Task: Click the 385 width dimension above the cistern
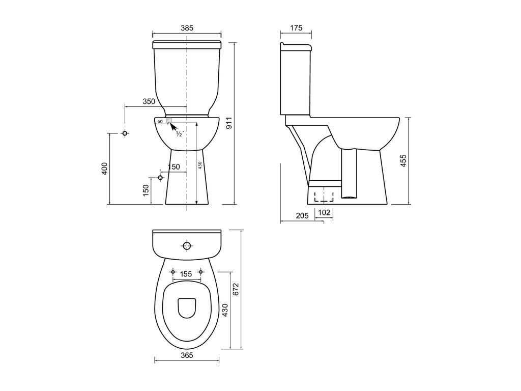click(187, 29)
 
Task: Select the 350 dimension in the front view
click(149, 101)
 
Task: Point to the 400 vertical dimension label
click(105, 169)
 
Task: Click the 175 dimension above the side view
click(296, 28)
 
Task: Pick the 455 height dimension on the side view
click(403, 160)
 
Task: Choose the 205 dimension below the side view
click(302, 215)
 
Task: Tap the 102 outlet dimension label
click(324, 212)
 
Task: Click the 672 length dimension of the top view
click(236, 289)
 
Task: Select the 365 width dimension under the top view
click(187, 355)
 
